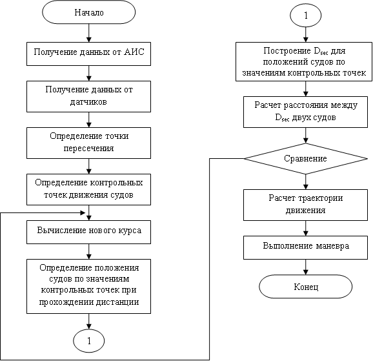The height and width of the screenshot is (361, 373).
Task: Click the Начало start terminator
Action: click(x=88, y=12)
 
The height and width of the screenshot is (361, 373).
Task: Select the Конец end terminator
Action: click(x=305, y=287)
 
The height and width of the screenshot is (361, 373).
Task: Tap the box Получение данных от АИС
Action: click(x=88, y=54)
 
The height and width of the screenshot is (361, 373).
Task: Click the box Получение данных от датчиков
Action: click(x=88, y=96)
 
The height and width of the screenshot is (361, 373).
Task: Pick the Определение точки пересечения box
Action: click(x=88, y=143)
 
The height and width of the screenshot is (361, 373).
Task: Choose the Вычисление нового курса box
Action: click(x=88, y=232)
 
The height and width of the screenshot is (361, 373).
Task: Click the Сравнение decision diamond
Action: click(x=306, y=159)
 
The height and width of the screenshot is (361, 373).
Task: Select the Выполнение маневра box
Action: click(x=305, y=247)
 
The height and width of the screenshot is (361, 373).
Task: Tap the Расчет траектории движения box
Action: click(x=305, y=205)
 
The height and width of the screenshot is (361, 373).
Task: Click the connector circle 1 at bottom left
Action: click(x=88, y=341)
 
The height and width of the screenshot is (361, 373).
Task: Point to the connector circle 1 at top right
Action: click(x=306, y=15)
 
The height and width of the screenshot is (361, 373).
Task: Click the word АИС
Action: click(x=134, y=52)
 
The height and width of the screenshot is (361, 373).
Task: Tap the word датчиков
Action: click(x=88, y=102)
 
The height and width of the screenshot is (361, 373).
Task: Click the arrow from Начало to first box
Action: click(x=88, y=33)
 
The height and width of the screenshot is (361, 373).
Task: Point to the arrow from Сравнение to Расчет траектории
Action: click(x=306, y=182)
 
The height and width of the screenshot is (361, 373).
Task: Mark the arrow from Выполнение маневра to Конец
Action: click(x=306, y=267)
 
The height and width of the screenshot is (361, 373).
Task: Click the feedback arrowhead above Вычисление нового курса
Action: click(x=83, y=212)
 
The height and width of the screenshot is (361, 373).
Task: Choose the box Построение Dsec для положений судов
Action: click(x=304, y=62)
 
